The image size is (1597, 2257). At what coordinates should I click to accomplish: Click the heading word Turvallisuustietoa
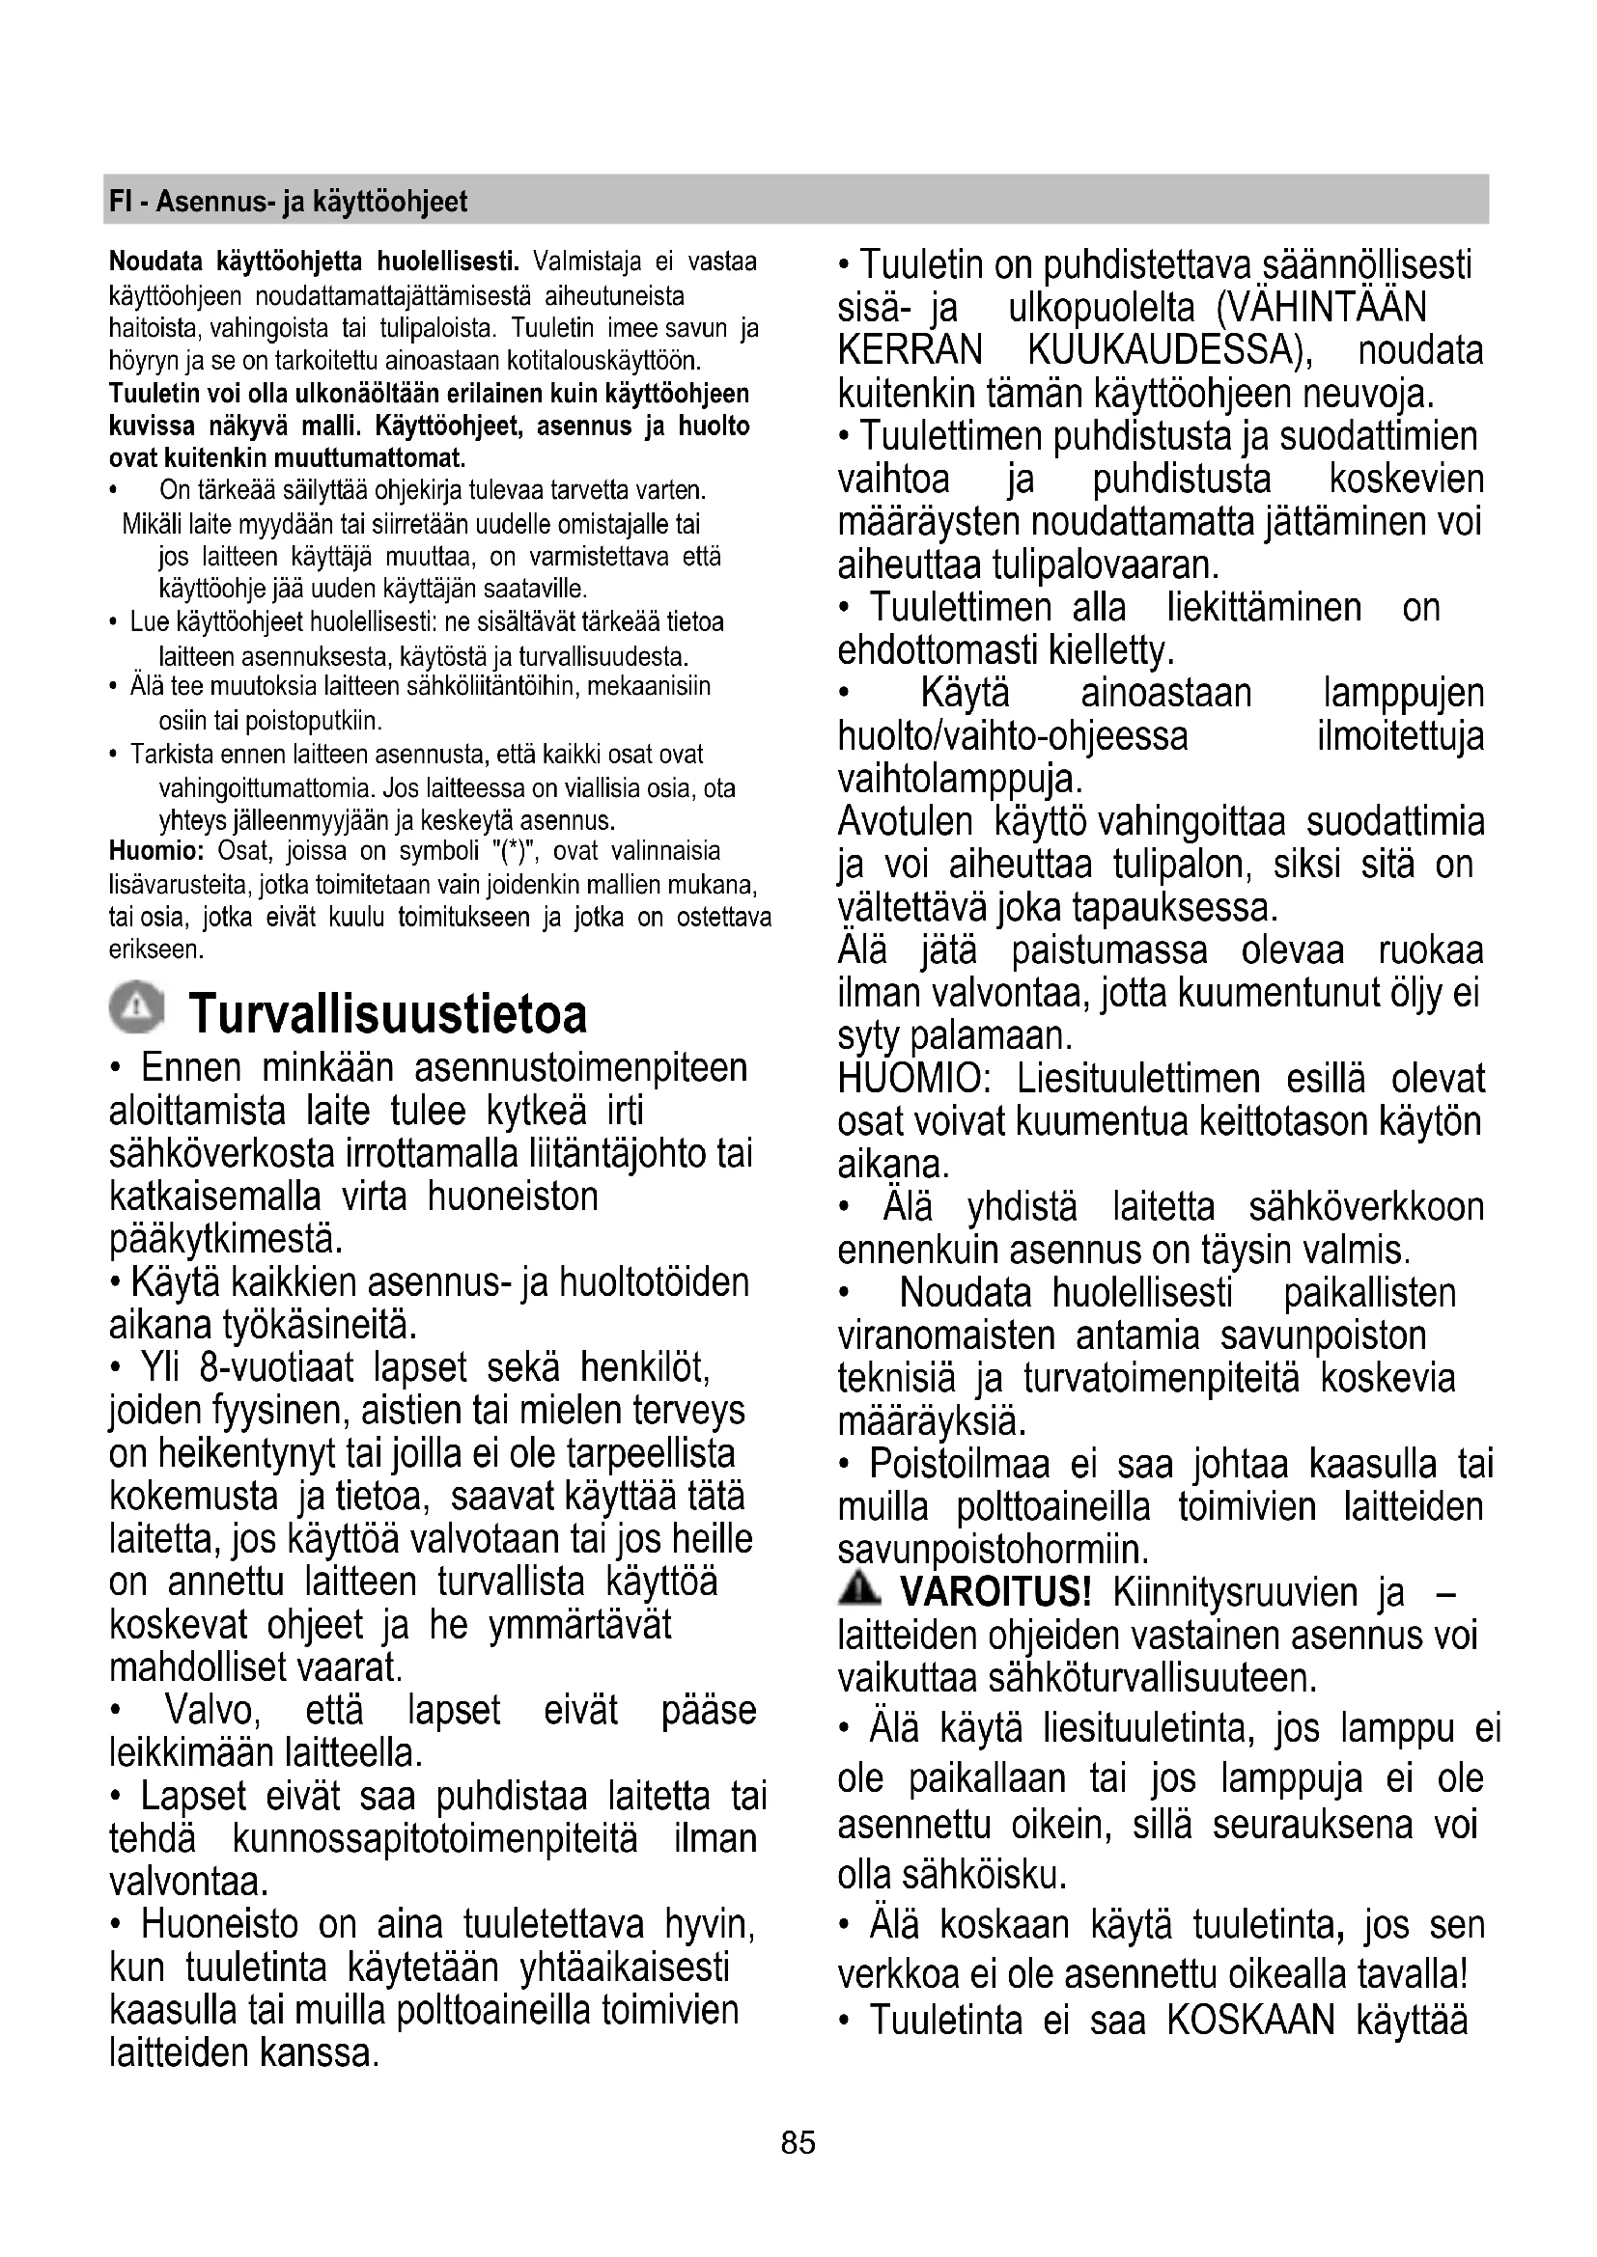click(x=388, y=1013)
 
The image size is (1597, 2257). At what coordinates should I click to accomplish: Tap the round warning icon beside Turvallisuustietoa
click(x=137, y=1006)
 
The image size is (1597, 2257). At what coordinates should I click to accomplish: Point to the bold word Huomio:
click(x=155, y=851)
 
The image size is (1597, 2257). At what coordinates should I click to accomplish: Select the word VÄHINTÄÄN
click(x=1321, y=308)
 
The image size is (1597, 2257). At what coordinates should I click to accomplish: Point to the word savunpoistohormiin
click(x=993, y=1551)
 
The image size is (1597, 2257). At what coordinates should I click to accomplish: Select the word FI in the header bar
click(x=119, y=202)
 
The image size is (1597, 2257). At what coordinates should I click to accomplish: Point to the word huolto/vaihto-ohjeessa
click(x=1013, y=736)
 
